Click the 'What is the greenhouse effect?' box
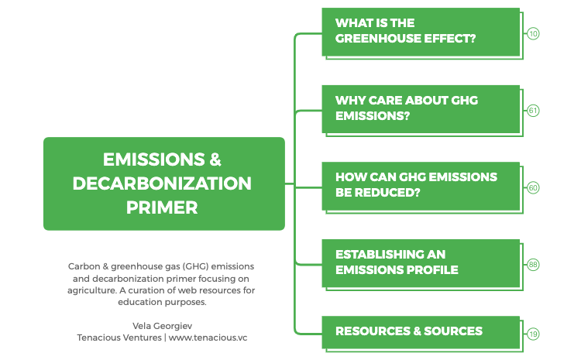(421, 31)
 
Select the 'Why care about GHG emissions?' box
(421, 108)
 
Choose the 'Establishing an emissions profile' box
(421, 262)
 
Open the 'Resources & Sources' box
(421, 331)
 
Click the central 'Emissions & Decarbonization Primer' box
(163, 183)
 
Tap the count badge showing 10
(534, 34)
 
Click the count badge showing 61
(534, 111)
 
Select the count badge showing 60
(534, 188)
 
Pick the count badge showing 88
(534, 265)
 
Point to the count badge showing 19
(534, 334)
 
